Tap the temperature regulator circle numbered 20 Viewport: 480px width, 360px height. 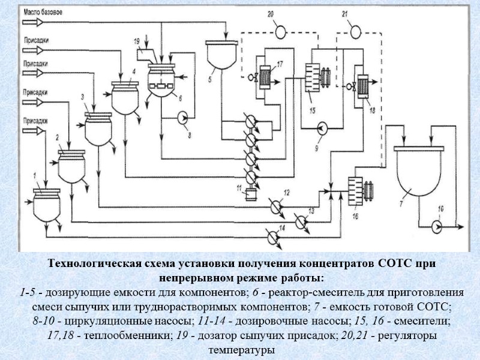(x=280, y=31)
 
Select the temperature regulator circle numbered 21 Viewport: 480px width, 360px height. (x=355, y=31)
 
